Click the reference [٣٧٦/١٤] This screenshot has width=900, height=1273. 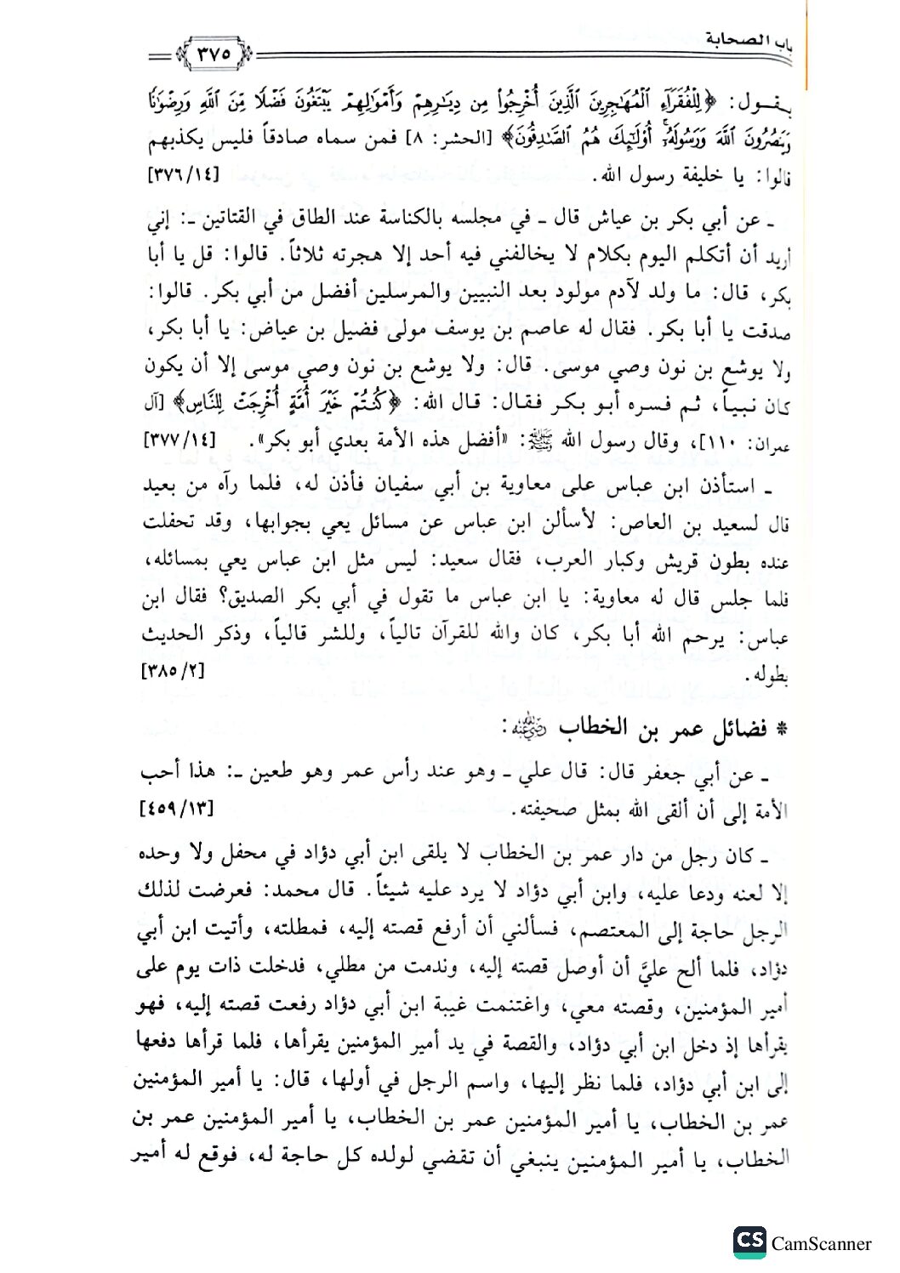185,175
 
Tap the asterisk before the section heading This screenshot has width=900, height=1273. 783,730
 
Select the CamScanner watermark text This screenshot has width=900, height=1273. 821,1243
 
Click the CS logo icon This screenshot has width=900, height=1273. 749,1242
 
